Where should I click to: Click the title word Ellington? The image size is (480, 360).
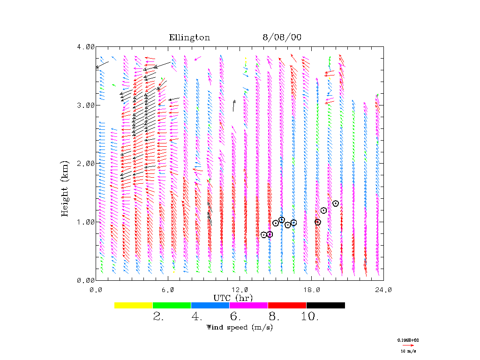click(189, 37)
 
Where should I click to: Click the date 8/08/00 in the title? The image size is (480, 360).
click(282, 37)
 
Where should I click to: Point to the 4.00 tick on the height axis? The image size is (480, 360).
click(86, 46)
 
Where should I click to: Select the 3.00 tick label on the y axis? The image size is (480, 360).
click(86, 105)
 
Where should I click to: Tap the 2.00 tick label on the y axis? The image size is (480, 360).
click(86, 163)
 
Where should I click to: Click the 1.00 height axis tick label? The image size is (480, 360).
click(86, 222)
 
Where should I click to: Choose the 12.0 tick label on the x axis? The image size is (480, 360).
click(240, 290)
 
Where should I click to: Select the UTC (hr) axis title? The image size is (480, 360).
click(233, 298)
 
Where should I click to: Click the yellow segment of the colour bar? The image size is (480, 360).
click(134, 305)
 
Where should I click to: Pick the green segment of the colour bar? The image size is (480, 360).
click(172, 305)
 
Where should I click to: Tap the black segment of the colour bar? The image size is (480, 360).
click(326, 305)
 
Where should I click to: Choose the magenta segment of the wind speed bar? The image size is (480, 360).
click(248, 305)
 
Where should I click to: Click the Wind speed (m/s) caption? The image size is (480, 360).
click(240, 327)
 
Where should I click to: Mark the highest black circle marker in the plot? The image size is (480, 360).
click(336, 203)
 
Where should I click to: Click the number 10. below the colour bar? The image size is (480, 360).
click(309, 317)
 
